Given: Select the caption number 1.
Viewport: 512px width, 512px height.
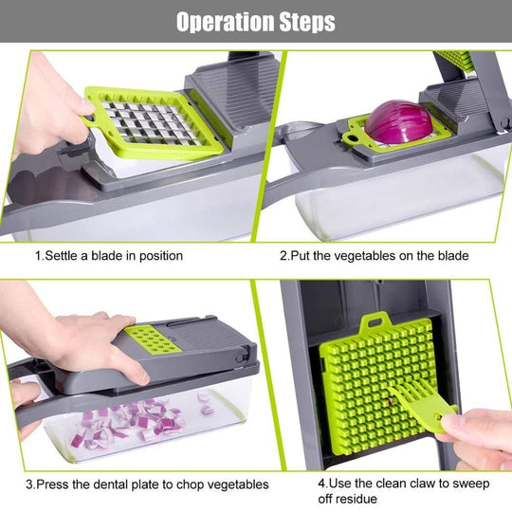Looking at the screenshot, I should pyautogui.click(x=38, y=255).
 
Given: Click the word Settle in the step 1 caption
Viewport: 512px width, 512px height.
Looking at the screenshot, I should pyautogui.click(x=63, y=255).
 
